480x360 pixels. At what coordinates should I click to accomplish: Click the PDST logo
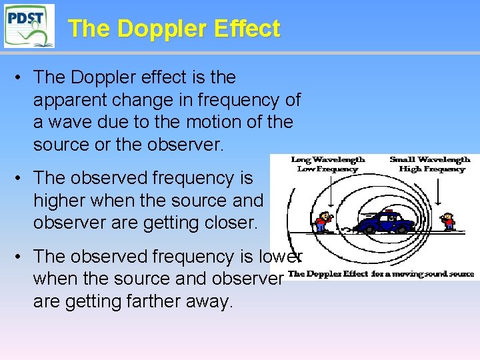(x=29, y=25)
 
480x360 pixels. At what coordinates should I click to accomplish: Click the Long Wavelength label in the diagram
(x=328, y=159)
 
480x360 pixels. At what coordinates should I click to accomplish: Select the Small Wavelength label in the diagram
(x=430, y=159)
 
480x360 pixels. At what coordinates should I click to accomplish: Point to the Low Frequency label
(x=328, y=169)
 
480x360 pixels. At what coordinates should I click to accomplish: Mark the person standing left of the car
(x=323, y=222)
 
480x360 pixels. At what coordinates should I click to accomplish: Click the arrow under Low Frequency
(x=327, y=190)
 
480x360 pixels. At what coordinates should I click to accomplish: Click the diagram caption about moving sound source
(x=381, y=274)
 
